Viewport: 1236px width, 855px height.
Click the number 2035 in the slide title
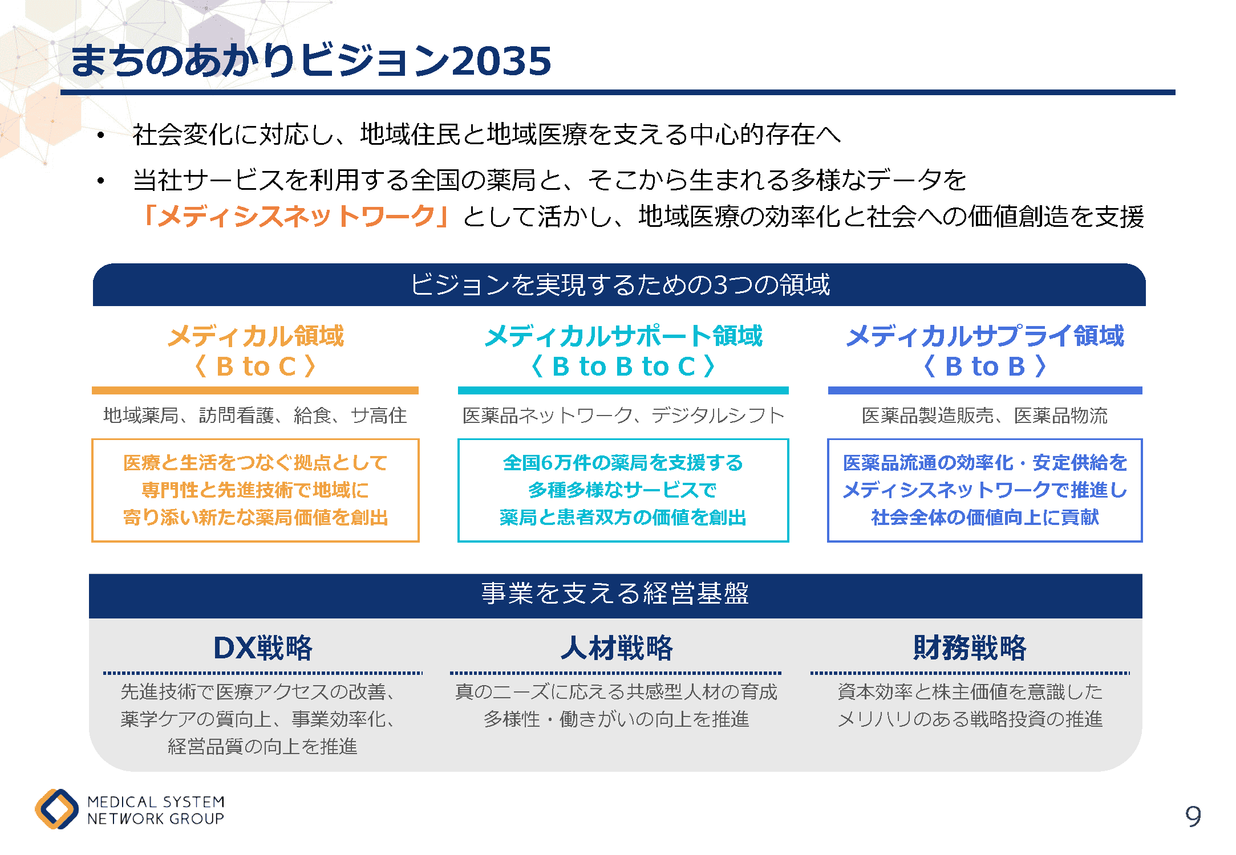click(501, 61)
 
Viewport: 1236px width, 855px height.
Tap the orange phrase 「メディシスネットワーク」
click(296, 217)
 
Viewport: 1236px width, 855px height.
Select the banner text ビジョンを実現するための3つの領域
click(620, 284)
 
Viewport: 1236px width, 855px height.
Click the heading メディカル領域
click(256, 336)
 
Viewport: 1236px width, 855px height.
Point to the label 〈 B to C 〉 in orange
click(255, 366)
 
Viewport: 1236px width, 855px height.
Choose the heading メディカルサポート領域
click(623, 336)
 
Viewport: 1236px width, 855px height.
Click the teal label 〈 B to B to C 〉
click(623, 366)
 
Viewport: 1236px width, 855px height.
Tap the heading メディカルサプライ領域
click(985, 336)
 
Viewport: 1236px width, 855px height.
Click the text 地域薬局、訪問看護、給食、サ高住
click(255, 416)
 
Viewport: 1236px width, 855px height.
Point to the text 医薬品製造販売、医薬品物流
click(985, 416)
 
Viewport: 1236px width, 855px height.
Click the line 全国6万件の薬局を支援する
click(623, 462)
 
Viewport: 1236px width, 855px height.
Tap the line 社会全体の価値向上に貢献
click(985, 517)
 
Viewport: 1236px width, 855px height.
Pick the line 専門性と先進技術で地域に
click(255, 490)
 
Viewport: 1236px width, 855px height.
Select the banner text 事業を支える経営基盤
click(615, 593)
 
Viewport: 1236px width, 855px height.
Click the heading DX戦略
click(263, 648)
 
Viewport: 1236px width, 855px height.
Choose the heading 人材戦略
click(617, 648)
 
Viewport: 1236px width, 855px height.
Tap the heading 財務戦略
click(970, 648)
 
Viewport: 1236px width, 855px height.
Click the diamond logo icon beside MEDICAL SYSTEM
click(57, 809)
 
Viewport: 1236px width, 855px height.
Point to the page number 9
click(1193, 816)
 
